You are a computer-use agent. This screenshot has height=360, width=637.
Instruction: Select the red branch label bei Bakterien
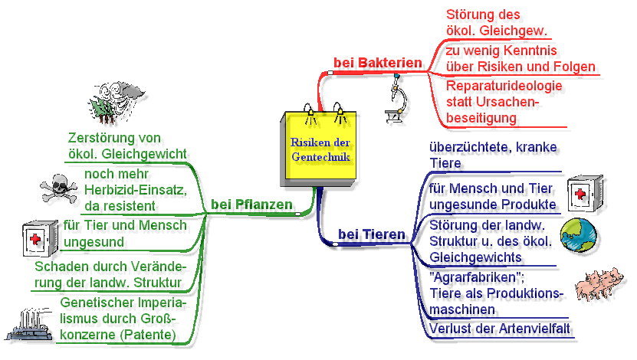coord(378,62)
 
